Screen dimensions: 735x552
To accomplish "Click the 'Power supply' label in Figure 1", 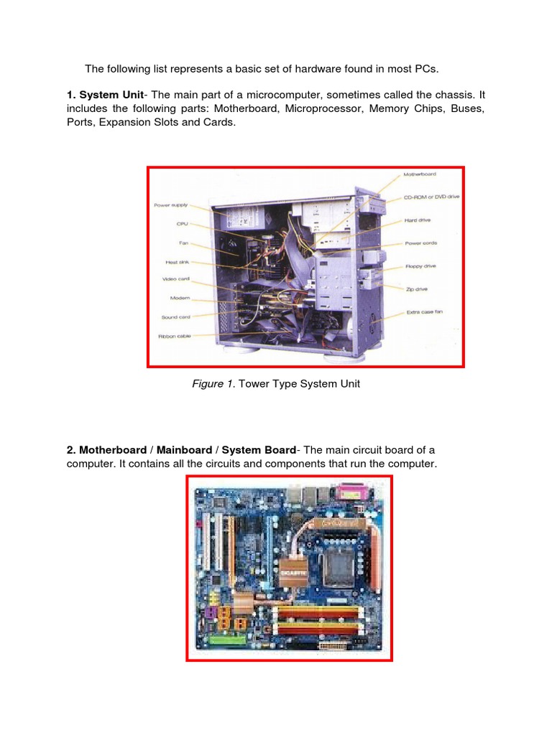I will point(170,205).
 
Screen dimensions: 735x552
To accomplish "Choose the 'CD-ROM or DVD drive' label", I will point(431,196).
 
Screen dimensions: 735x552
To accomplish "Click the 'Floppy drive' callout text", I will point(420,266).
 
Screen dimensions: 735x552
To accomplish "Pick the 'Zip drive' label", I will point(416,289).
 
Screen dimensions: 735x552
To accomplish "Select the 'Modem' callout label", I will point(180,298).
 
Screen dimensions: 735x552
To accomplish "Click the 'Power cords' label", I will point(420,243).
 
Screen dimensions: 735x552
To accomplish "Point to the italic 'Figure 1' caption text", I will point(213,384).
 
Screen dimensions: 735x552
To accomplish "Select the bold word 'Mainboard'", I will point(184,450).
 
